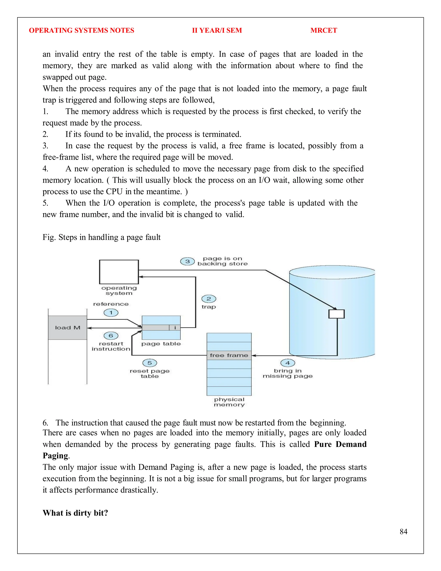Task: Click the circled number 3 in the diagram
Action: coord(187,261)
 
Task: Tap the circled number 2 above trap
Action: coord(209,299)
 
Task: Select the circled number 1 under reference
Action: coord(111,313)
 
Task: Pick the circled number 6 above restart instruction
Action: coord(111,336)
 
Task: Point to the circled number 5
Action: coord(150,363)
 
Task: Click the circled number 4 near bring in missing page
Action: coord(288,363)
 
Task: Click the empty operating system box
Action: coord(119,272)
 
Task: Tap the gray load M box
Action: coord(68,328)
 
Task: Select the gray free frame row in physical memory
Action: coord(229,355)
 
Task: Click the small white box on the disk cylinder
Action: coord(337,314)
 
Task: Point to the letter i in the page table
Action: coord(175,328)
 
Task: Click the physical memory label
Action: coord(229,402)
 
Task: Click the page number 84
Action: coord(403,532)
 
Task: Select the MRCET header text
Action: coord(324,30)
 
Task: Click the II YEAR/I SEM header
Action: coord(217,30)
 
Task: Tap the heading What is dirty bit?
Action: coord(75,513)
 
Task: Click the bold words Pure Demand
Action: coord(340,444)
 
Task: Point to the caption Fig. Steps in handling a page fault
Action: coord(101,237)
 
